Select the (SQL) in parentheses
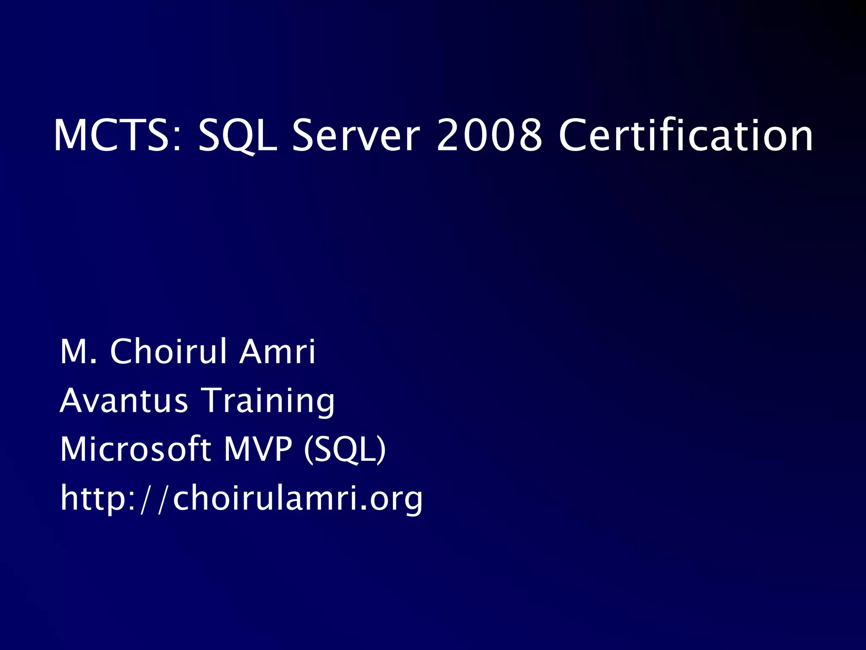pyautogui.click(x=345, y=449)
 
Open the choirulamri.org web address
pyautogui.click(x=241, y=498)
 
